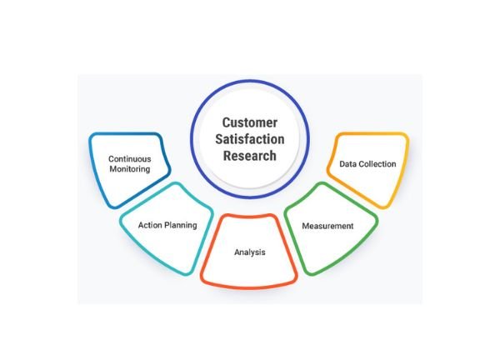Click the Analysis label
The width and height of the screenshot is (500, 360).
click(x=249, y=251)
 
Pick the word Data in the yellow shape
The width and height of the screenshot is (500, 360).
click(x=348, y=164)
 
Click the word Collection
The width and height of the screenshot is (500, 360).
click(x=377, y=164)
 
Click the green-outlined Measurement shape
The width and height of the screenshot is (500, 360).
click(x=329, y=246)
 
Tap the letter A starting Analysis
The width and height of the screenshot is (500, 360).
click(x=235, y=251)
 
